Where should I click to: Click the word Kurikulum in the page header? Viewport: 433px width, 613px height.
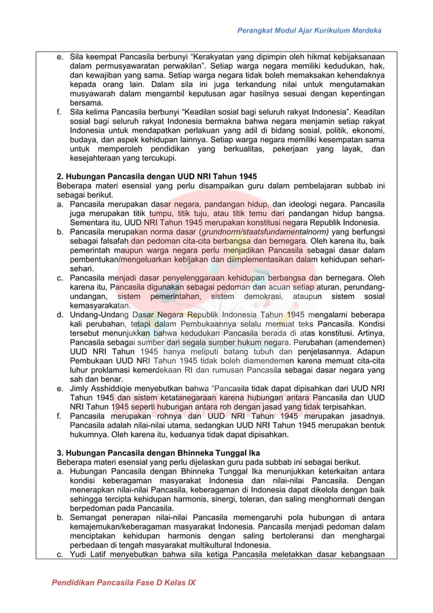pos(325,31)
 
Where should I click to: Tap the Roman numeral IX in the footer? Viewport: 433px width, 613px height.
pos(189,583)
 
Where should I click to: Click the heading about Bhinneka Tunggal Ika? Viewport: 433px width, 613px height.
pos(158,453)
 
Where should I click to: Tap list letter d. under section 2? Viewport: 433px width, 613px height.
pos(60,315)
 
